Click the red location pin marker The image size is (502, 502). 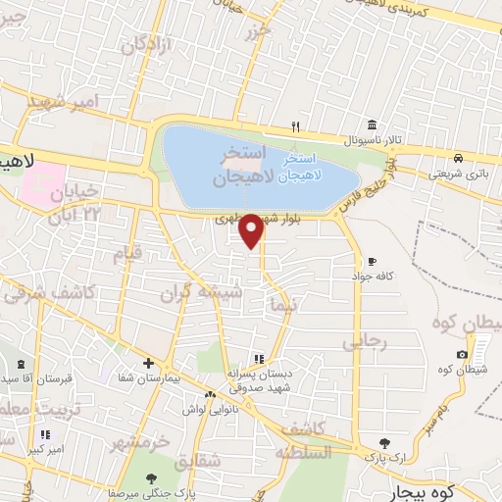tap(251, 229)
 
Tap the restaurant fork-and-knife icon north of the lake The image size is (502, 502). tap(295, 126)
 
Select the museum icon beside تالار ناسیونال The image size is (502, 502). tap(372, 125)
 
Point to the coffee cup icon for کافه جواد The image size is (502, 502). tap(372, 261)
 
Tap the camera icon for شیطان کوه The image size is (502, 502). tap(462, 354)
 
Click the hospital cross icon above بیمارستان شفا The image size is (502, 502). tap(147, 363)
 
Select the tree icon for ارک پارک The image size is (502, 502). tap(384, 442)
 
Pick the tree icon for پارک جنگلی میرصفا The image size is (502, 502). tap(152, 477)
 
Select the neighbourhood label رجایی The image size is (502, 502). tap(366, 343)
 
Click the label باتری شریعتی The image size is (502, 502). tap(456, 174)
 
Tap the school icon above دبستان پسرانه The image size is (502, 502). tap(258, 359)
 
